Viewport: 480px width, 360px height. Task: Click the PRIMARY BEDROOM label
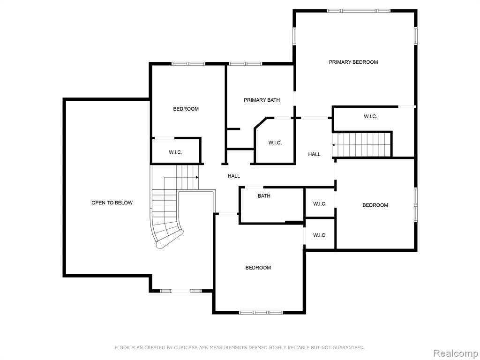(x=353, y=62)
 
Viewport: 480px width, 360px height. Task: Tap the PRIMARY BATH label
(x=262, y=100)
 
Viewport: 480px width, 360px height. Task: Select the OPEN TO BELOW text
(x=112, y=202)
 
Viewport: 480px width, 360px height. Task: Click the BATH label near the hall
(x=264, y=196)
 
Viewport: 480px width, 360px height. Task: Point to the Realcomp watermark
(x=455, y=353)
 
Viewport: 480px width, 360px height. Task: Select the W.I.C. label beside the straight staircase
(x=370, y=116)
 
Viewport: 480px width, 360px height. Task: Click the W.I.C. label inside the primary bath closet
(x=275, y=142)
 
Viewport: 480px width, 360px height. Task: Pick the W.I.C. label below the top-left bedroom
(x=175, y=152)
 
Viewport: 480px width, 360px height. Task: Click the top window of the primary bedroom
(x=359, y=11)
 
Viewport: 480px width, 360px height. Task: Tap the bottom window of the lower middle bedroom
(x=261, y=313)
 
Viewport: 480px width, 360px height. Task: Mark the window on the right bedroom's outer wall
(x=416, y=205)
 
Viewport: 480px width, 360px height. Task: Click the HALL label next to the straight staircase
(x=315, y=154)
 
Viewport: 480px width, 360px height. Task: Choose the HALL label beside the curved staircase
(x=234, y=176)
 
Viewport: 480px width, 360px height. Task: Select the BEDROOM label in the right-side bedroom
(x=375, y=205)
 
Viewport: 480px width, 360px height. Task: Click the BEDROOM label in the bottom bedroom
(x=258, y=268)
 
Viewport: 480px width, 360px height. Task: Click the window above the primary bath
(x=246, y=64)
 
